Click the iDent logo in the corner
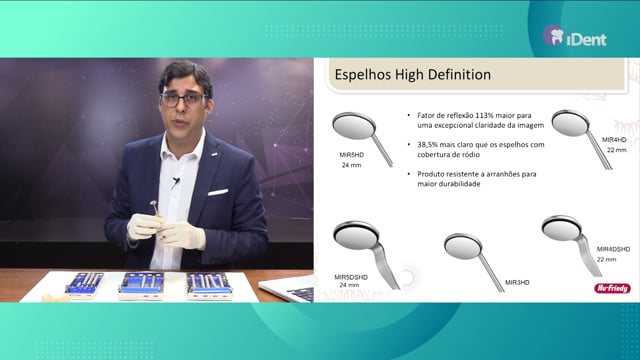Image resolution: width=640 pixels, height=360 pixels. click(575, 36)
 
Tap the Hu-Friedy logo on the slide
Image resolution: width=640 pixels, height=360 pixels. click(612, 288)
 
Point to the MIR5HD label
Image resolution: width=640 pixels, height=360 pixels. click(351, 155)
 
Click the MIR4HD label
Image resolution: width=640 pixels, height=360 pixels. click(614, 140)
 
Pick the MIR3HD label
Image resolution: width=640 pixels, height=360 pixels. click(517, 282)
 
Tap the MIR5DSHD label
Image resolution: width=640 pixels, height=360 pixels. click(351, 277)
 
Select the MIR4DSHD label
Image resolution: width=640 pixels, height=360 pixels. click(613, 249)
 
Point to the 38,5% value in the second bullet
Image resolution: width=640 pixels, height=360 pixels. click(427, 144)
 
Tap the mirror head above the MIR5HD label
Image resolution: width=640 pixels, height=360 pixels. click(353, 126)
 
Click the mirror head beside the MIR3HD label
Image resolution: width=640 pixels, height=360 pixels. click(463, 246)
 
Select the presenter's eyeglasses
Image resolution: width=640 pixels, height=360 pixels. click(184, 99)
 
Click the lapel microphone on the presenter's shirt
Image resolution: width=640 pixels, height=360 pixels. click(176, 181)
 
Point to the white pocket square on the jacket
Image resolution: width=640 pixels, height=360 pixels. click(218, 192)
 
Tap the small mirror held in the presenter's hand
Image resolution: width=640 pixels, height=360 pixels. click(154, 205)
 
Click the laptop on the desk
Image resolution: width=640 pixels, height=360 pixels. click(287, 289)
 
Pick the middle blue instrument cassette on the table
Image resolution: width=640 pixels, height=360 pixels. click(141, 285)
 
